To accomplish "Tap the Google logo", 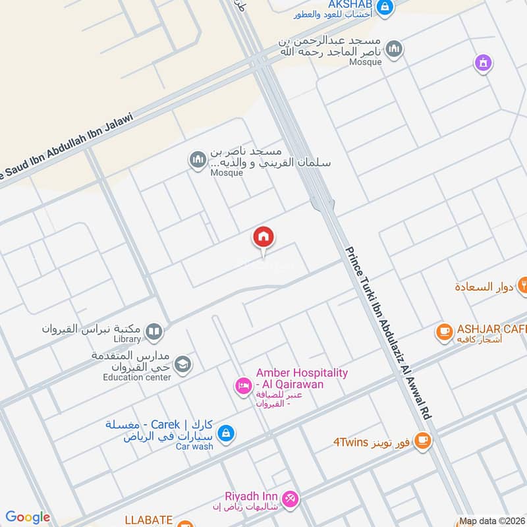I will coord(28,517).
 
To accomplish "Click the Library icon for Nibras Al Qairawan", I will coord(154,331).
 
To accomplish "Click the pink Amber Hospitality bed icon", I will coord(243,385).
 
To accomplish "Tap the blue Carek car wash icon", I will coord(225,433).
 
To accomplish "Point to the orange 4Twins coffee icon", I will coord(423,440).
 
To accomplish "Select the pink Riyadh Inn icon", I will coord(288,497).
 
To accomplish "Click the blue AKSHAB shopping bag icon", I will coord(385,9).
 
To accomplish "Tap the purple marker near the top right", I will coord(484,63).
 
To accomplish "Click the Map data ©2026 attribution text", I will coord(491,521).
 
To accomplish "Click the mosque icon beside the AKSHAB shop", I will coord(394,48).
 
